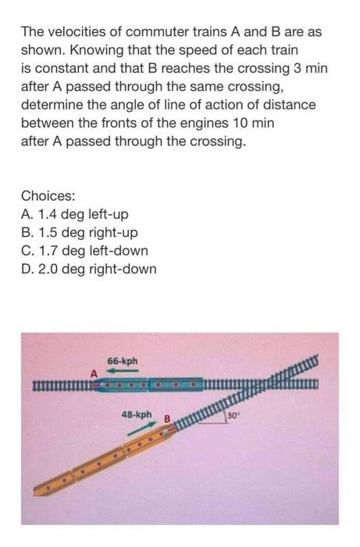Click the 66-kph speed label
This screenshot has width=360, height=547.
tap(123, 361)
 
